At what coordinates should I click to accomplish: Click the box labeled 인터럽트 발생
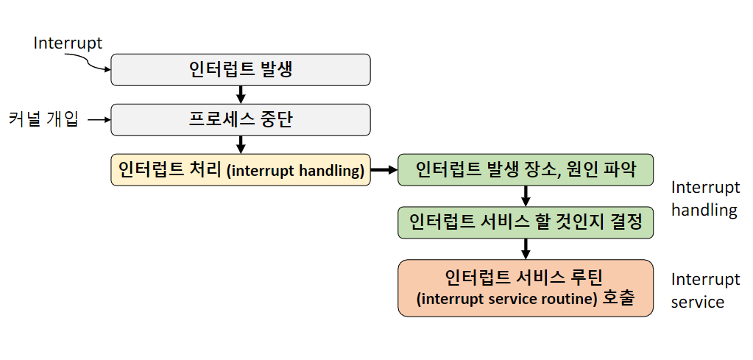[x=240, y=70]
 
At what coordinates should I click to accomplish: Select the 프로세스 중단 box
[x=240, y=119]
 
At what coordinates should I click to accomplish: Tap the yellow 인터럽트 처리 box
[x=240, y=170]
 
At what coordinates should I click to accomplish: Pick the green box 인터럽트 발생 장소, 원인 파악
[x=526, y=170]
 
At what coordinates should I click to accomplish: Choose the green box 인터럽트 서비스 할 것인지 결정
[x=526, y=221]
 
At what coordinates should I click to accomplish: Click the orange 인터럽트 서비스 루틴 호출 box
[x=526, y=288]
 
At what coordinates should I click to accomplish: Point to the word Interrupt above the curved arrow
[x=68, y=43]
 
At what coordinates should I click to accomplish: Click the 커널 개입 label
[x=43, y=119]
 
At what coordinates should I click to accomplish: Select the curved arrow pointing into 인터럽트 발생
[x=96, y=66]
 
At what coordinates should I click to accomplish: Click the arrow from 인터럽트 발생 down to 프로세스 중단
[x=240, y=94]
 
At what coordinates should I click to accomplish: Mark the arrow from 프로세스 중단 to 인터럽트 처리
[x=240, y=144]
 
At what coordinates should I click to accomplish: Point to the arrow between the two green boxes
[x=526, y=196]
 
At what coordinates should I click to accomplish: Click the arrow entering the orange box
[x=526, y=248]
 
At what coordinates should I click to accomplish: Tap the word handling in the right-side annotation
[x=704, y=210]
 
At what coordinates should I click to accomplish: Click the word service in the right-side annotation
[x=698, y=302]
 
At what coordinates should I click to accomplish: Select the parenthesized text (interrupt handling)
[x=295, y=172]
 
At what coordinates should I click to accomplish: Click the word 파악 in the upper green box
[x=615, y=170]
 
